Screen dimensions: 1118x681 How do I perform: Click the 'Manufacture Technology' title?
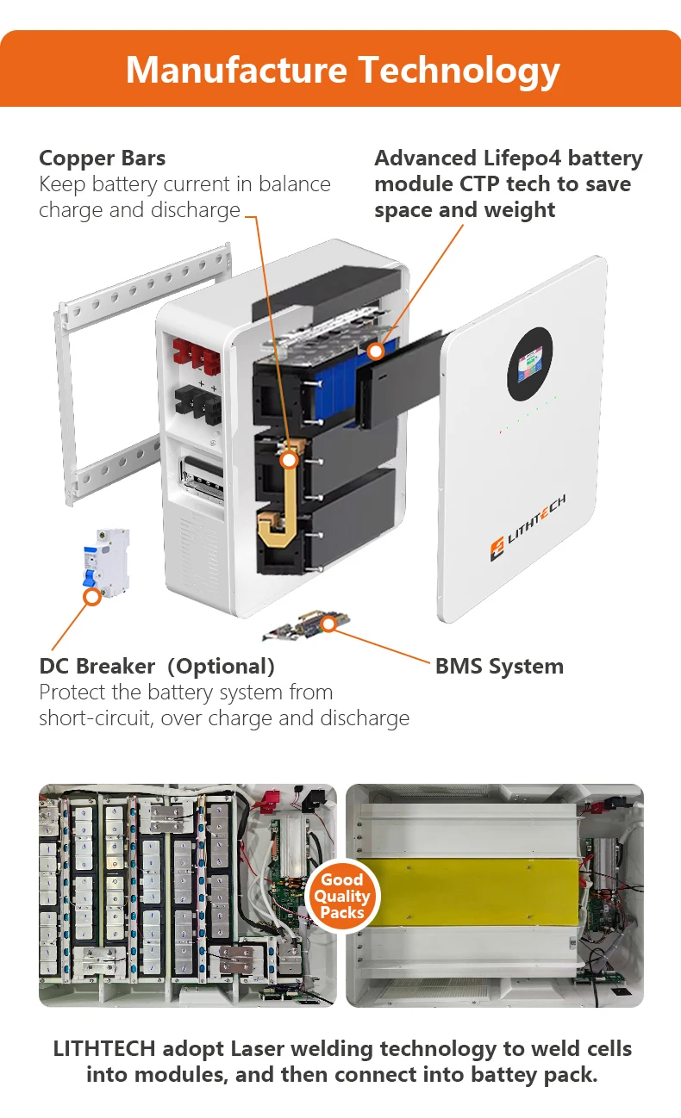click(x=342, y=70)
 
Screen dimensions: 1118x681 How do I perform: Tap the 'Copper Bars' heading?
click(x=102, y=158)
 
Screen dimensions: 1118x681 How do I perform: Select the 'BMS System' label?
click(x=499, y=666)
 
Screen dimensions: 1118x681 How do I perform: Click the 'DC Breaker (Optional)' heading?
click(x=157, y=666)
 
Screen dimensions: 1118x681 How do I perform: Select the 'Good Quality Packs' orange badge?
click(x=341, y=896)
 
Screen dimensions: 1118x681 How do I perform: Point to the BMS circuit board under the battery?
click(x=302, y=626)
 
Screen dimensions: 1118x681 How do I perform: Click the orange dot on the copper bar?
click(x=290, y=460)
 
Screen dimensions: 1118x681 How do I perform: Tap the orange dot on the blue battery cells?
click(x=375, y=351)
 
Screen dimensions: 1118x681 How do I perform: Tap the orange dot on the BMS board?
click(x=328, y=623)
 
